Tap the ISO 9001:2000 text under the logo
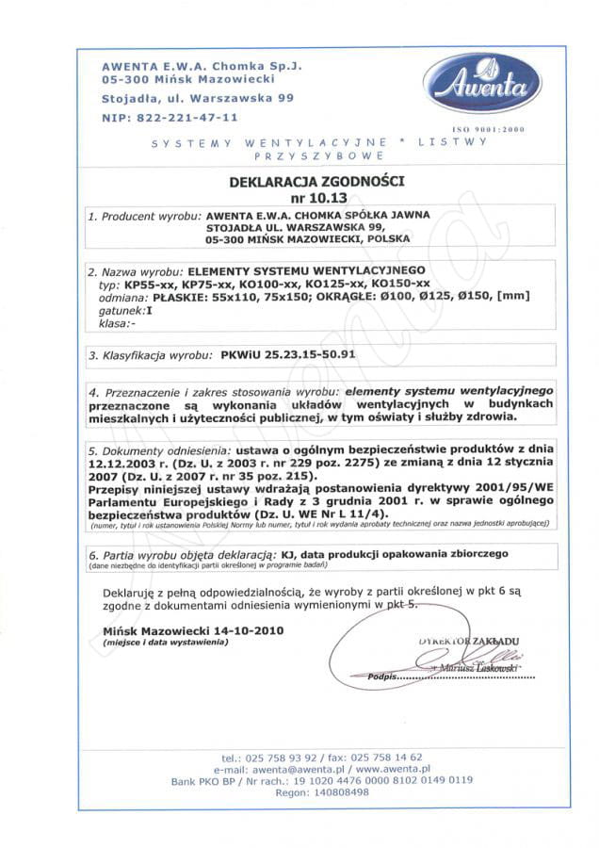pyautogui.click(x=489, y=128)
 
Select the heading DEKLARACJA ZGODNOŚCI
pyautogui.click(x=302, y=179)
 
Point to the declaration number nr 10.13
pyautogui.click(x=301, y=198)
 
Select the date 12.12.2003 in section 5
pyautogui.click(x=121, y=465)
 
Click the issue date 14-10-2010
pyautogui.click(x=227, y=628)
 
